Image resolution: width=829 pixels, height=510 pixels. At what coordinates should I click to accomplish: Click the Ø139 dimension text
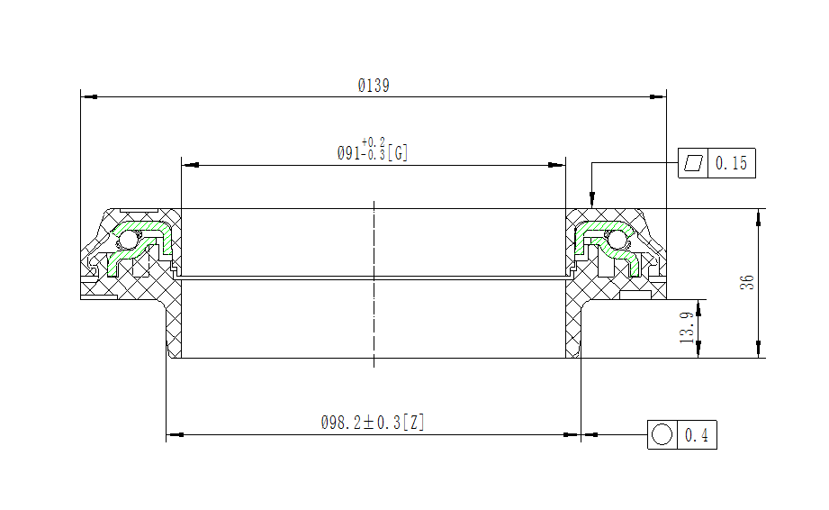point(374,87)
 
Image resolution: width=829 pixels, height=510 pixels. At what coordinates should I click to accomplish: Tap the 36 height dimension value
point(747,282)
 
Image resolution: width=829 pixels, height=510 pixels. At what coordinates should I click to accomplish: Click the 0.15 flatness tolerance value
point(731,164)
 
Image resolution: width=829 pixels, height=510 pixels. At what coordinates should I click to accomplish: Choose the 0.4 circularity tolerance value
point(697,436)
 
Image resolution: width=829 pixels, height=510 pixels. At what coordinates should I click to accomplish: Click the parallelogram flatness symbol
point(693,163)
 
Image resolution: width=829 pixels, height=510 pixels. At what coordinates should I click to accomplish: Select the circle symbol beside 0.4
point(662,435)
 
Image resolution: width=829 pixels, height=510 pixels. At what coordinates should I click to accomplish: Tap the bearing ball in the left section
point(129,241)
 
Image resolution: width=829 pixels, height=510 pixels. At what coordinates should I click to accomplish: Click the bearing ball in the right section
point(617,241)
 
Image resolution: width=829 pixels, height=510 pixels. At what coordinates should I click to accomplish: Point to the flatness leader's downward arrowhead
point(591,201)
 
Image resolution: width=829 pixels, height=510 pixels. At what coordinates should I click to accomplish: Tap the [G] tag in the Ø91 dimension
point(399,153)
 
